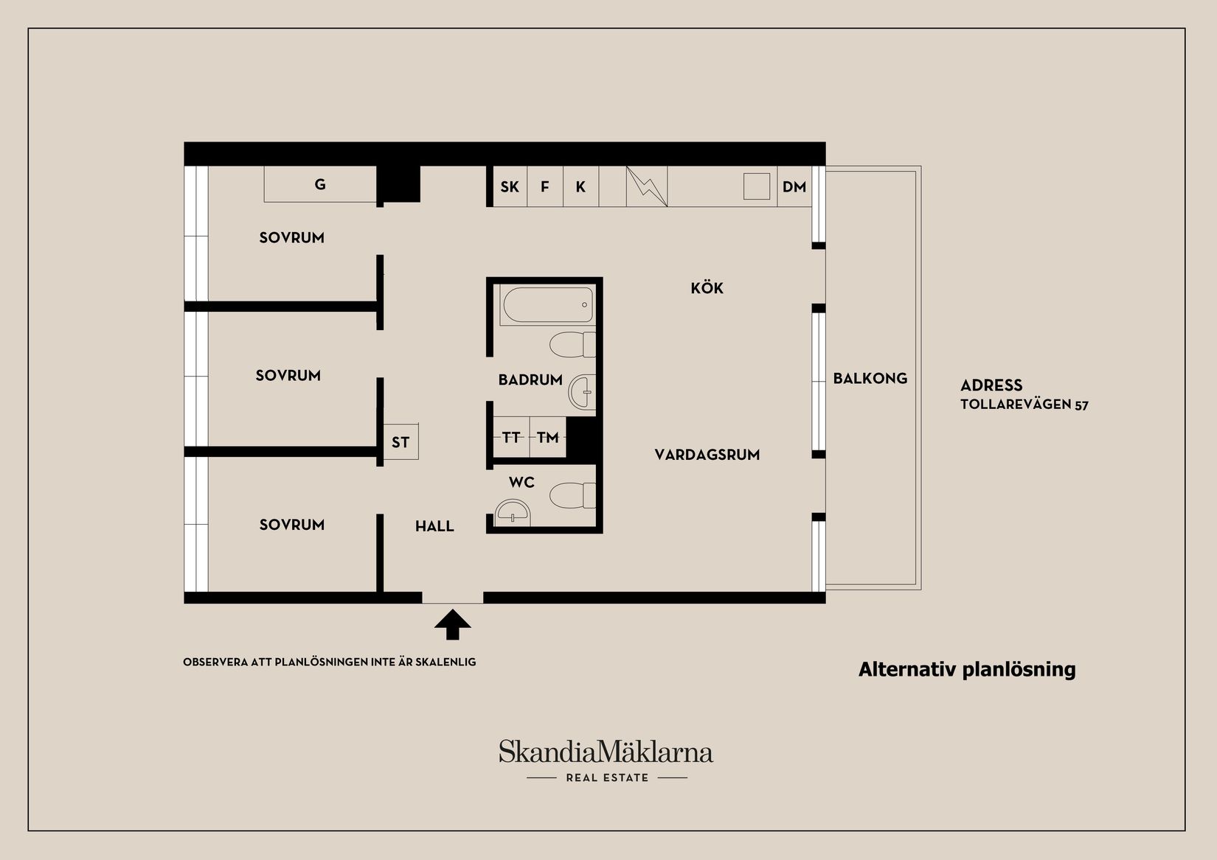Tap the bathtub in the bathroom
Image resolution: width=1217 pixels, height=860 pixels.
(547, 304)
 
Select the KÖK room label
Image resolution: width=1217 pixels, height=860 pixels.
(707, 288)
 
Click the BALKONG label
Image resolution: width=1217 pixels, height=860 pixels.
(870, 379)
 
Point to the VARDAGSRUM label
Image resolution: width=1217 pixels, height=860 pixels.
(707, 455)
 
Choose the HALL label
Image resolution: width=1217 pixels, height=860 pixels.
(434, 526)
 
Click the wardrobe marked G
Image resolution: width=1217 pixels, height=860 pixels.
(320, 184)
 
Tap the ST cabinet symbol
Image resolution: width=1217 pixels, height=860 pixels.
(401, 442)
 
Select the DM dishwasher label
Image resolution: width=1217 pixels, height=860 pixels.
(794, 187)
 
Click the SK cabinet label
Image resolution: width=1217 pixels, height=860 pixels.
(510, 187)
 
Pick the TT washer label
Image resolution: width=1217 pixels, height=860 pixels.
(511, 438)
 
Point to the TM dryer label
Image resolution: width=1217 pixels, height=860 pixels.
(548, 438)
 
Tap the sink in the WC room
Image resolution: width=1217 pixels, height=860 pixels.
(513, 512)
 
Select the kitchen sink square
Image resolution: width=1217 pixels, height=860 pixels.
(756, 186)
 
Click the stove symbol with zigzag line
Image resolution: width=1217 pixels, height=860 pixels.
(647, 186)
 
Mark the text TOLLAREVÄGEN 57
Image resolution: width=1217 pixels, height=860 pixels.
(1024, 405)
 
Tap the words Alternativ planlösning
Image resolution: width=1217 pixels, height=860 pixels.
(967, 669)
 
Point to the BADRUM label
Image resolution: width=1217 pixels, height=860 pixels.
(530, 380)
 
